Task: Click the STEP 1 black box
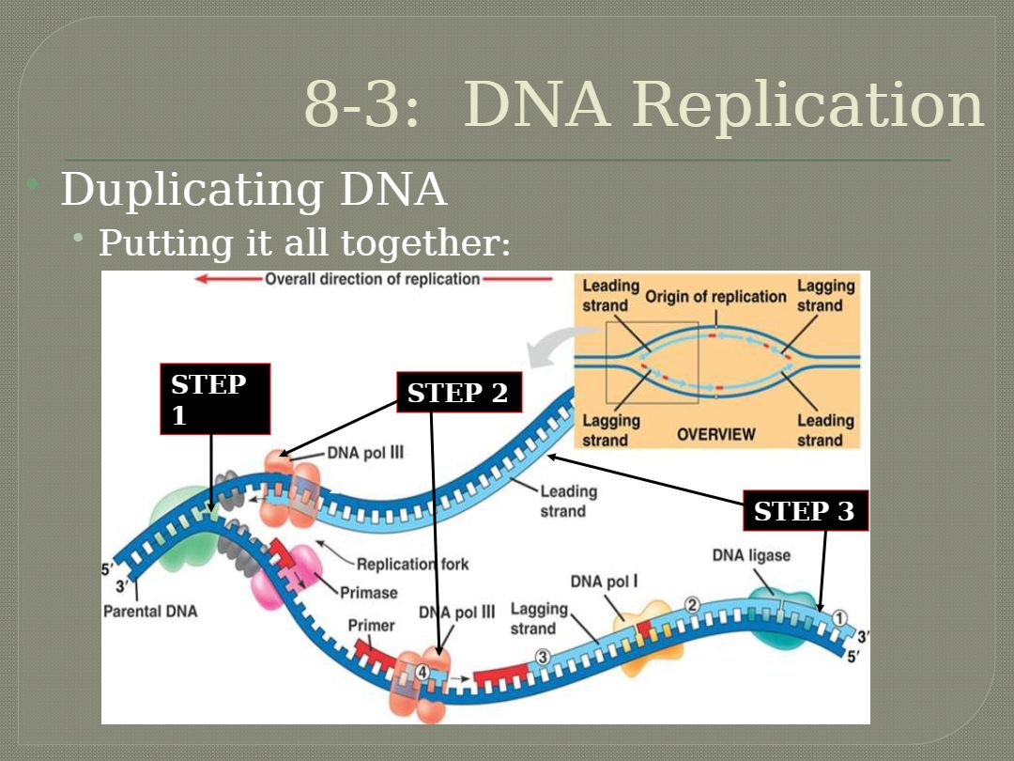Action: (x=215, y=398)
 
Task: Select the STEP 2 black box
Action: (x=458, y=393)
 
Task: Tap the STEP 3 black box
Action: (x=805, y=510)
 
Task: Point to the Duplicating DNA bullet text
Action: (x=253, y=190)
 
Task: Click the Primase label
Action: (x=368, y=593)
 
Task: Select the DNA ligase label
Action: (x=751, y=555)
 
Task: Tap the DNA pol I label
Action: (x=604, y=582)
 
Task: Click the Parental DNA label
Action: (x=150, y=612)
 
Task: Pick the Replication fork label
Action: (x=412, y=564)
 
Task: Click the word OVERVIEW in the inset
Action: (x=716, y=434)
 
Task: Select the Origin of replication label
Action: (x=715, y=297)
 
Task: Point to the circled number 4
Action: (x=422, y=672)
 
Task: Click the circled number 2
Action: (x=692, y=604)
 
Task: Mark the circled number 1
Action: (x=839, y=617)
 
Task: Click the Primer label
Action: (x=372, y=626)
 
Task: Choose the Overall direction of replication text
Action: (x=373, y=279)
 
